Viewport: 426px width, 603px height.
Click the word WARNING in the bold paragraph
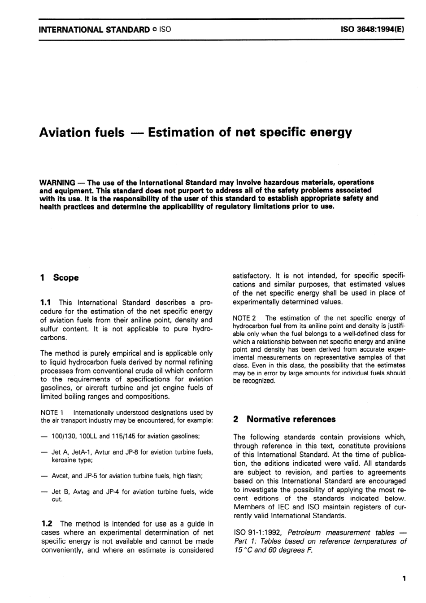tap(57, 182)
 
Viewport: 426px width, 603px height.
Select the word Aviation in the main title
tap(68, 133)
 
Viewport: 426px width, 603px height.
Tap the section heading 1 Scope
tap(59, 278)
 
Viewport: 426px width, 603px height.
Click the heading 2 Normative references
tap(284, 419)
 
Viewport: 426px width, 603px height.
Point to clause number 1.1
tap(47, 303)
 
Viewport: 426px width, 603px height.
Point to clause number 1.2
tap(48, 524)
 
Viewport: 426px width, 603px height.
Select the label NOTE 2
tap(244, 318)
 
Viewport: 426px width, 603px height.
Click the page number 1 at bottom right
tap(404, 579)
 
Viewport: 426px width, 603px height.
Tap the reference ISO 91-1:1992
tap(257, 533)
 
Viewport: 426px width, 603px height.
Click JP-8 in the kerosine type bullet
tap(132, 452)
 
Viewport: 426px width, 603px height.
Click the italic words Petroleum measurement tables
tap(340, 533)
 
